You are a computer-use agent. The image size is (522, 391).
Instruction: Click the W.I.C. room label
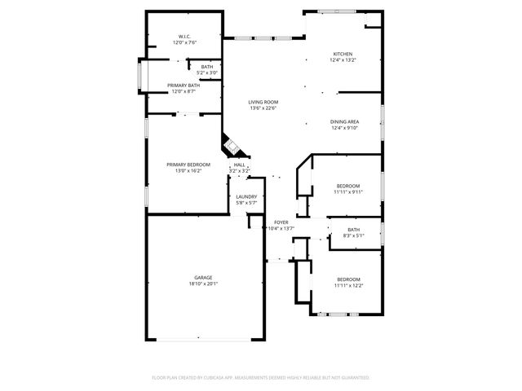184,37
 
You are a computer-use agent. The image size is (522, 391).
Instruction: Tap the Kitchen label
342,55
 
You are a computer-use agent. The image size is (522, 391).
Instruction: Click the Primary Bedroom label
188,165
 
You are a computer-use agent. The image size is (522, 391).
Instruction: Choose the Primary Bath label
184,86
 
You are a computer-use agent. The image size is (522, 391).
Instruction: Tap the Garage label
203,278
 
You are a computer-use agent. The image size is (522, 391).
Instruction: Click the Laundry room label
246,196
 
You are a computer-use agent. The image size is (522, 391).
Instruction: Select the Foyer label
281,222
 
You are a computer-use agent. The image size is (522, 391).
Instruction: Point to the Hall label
239,165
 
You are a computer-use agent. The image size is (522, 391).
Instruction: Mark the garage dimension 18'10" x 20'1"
203,283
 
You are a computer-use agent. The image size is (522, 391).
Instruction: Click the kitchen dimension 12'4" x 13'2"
343,60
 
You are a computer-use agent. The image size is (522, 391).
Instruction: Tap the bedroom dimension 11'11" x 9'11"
347,192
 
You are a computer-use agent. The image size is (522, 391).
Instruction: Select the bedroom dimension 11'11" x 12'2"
347,285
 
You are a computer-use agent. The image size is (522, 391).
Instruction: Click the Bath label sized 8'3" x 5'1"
352,230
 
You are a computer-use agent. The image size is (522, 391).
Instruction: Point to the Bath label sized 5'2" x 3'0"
207,67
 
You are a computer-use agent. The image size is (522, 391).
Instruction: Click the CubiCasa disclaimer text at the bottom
261,378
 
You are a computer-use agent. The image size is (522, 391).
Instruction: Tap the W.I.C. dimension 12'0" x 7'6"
184,42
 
